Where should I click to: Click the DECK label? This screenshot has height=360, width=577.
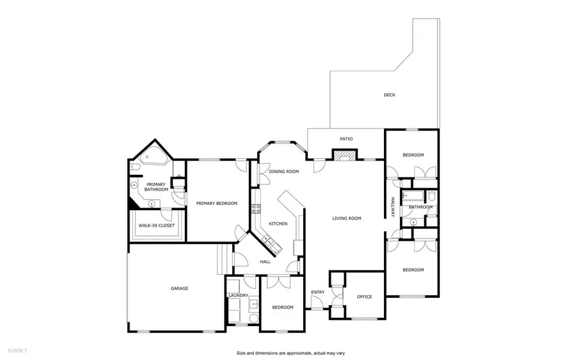[389, 95]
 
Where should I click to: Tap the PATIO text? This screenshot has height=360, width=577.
[346, 138]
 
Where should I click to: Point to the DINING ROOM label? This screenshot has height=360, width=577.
[284, 172]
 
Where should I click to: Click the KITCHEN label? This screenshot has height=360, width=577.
[278, 224]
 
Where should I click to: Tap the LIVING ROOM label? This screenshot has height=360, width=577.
[346, 218]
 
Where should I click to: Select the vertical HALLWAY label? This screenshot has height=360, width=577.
[391, 206]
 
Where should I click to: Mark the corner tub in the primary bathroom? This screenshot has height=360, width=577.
[152, 159]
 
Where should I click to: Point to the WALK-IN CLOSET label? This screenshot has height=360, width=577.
[157, 225]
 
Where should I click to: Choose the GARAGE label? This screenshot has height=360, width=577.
[179, 288]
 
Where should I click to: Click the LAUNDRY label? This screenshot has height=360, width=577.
[237, 295]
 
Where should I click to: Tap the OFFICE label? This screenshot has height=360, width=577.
[364, 297]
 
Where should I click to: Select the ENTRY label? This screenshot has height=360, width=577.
[318, 293]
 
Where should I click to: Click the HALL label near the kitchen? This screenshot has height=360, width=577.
[265, 262]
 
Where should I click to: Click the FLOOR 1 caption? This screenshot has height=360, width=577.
[17, 351]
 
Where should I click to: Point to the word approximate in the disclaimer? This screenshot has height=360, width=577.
[297, 353]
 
